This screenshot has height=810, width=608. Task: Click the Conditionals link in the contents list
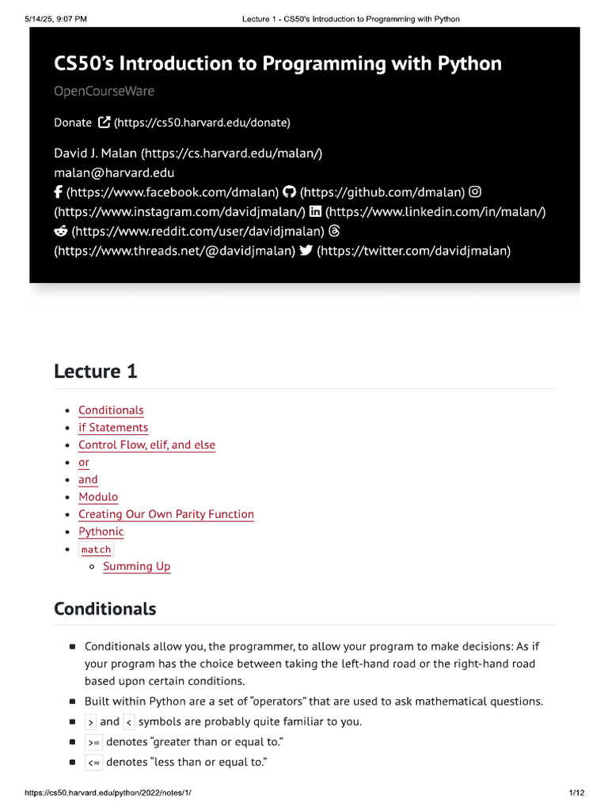click(111, 410)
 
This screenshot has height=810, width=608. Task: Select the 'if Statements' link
click(113, 427)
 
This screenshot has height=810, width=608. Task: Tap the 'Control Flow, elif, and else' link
click(146, 445)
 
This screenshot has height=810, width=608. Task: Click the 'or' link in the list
click(84, 462)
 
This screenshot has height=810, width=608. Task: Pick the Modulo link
click(98, 497)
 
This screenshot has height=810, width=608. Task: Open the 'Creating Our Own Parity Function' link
click(166, 514)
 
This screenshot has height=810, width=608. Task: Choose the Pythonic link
click(101, 532)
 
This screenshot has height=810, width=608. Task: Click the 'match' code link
click(97, 549)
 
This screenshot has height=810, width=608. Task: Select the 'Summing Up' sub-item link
click(137, 566)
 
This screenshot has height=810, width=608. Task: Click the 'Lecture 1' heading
click(96, 371)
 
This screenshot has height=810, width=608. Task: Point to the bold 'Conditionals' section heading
click(105, 609)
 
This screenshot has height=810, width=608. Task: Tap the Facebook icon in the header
click(59, 192)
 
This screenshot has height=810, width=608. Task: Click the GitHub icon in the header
click(289, 192)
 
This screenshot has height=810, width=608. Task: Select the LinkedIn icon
click(316, 212)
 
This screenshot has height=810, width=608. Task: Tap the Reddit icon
click(60, 232)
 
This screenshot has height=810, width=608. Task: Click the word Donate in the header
click(73, 123)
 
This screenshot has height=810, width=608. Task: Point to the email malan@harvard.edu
click(114, 172)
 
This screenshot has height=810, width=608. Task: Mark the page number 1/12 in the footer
click(576, 793)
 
